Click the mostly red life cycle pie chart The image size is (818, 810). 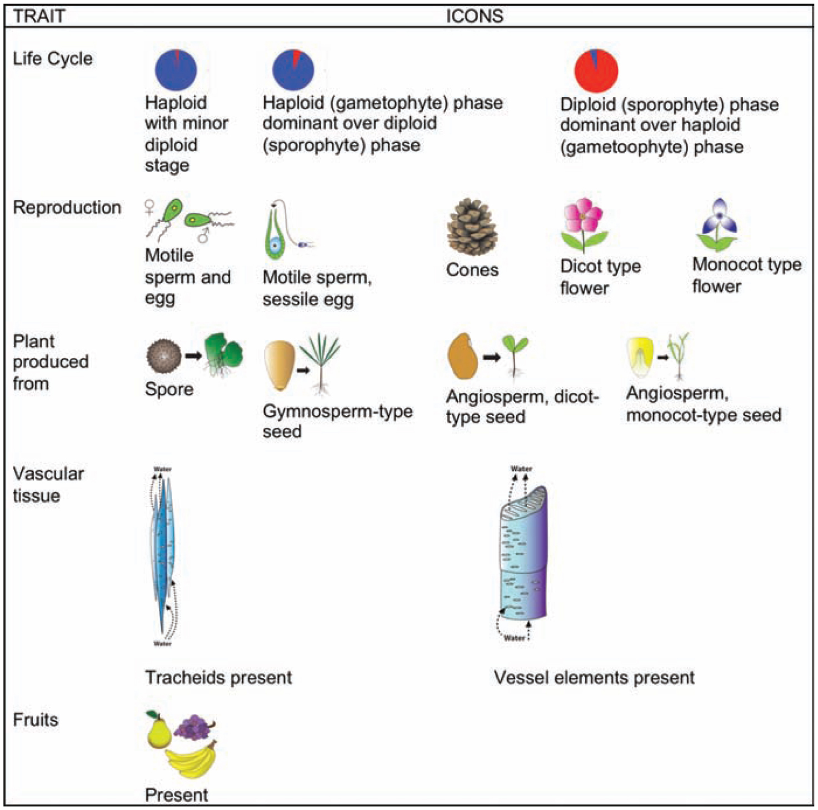[x=596, y=71]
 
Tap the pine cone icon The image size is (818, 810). [x=472, y=227]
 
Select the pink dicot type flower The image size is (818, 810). [x=583, y=217]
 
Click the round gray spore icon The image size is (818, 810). [x=164, y=356]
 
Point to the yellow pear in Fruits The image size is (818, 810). [x=158, y=731]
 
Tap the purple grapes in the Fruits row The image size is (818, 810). [x=193, y=726]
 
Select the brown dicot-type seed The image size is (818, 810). [x=462, y=356]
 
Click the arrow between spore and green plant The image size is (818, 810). [x=193, y=355]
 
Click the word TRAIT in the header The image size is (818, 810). [x=39, y=16]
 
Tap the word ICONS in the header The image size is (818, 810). [x=475, y=16]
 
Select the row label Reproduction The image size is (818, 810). [x=67, y=207]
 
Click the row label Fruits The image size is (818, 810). [x=36, y=719]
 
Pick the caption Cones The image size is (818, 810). [x=472, y=270]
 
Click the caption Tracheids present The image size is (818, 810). [x=218, y=677]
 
